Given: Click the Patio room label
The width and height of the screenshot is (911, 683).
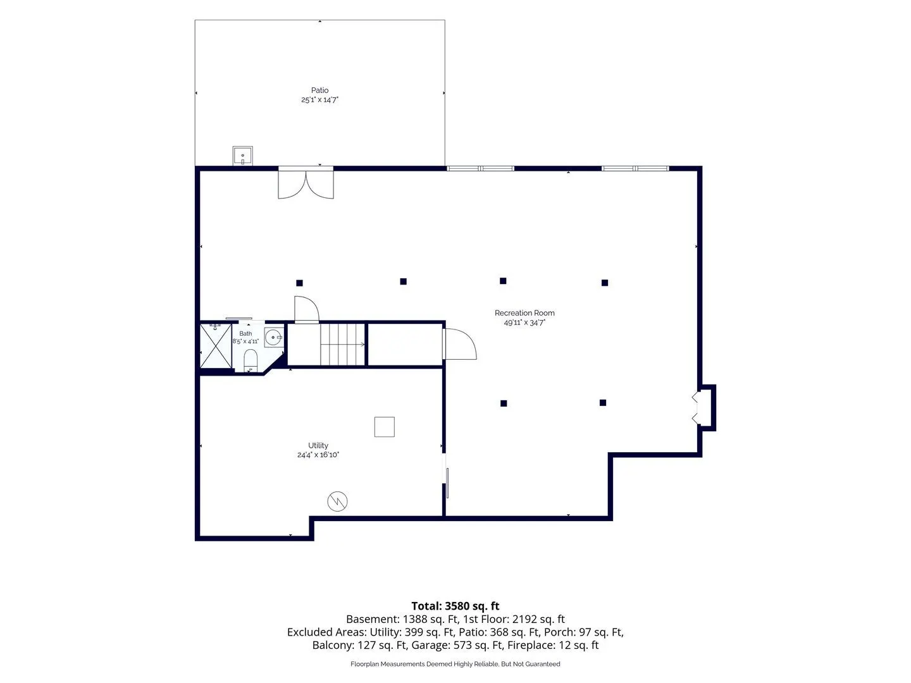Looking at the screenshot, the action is [319, 90].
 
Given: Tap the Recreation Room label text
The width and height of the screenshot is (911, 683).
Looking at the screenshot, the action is [524, 312].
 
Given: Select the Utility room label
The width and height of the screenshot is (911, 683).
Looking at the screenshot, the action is [318, 445].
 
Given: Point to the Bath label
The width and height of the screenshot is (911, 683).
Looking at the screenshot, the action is [245, 333].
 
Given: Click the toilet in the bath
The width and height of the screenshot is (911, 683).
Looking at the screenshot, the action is [251, 360].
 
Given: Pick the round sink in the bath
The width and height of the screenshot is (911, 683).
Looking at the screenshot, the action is [273, 337].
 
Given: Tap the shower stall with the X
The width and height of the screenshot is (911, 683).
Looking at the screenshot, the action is [216, 346].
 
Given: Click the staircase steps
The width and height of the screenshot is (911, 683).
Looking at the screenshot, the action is [342, 344].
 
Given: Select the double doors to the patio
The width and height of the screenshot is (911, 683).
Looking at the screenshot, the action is [306, 183].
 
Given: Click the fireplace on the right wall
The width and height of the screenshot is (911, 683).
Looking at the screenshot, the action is [705, 408].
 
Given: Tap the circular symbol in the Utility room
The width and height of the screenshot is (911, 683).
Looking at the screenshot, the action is [337, 501].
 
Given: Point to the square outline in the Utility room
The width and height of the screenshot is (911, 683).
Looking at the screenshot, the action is [384, 427].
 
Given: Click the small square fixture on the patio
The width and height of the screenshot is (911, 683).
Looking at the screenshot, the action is [242, 156].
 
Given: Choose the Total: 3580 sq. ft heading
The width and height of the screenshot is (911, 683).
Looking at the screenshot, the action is [455, 606].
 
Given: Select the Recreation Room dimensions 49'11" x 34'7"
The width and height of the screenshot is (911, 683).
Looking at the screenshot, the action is [524, 323].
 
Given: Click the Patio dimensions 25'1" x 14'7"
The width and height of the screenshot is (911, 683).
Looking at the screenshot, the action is [319, 99].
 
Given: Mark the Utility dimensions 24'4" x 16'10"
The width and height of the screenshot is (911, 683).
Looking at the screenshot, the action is [318, 455].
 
